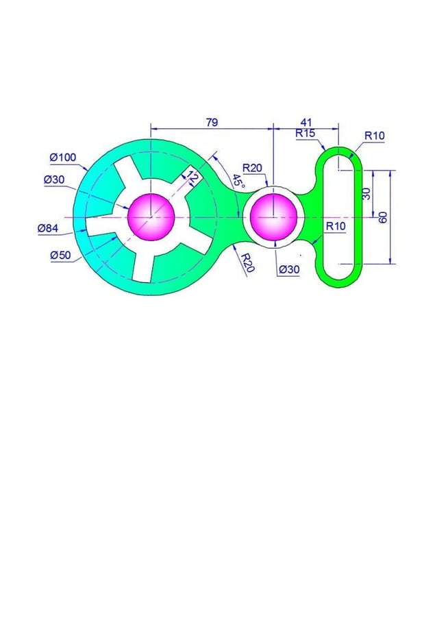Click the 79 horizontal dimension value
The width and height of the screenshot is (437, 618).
212,122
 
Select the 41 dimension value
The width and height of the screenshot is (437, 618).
306,122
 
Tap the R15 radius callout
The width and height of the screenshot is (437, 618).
305,134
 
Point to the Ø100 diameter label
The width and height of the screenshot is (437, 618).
62,158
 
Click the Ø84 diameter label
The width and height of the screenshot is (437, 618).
48,229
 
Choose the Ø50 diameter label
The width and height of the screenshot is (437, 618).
60,255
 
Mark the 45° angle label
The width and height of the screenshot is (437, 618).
237,182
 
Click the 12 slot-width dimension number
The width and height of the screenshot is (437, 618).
192,179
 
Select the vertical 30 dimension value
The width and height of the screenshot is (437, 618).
366,194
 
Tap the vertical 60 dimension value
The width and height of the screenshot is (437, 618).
384,217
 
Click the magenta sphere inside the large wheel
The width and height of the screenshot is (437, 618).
151,217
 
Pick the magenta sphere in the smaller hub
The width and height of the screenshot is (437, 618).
273,217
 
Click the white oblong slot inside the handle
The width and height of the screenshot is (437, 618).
339,216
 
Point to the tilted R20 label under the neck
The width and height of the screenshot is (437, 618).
247,262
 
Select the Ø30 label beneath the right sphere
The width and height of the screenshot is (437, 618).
288,269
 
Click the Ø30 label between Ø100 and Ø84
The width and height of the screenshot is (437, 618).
55,180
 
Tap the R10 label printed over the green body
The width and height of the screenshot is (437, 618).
336,226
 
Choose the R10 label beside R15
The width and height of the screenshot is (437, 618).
374,136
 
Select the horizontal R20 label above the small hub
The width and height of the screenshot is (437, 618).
252,168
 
